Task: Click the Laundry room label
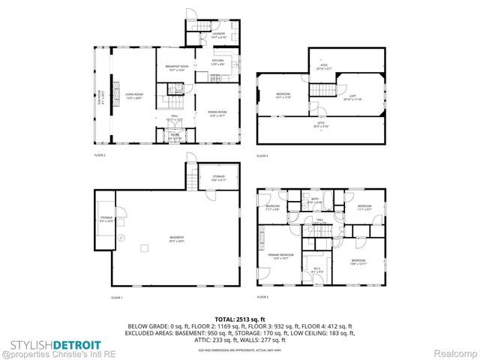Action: [x=217, y=34]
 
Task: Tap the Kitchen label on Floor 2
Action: [x=217, y=61]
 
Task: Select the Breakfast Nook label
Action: [x=175, y=68]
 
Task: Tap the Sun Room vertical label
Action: [x=100, y=97]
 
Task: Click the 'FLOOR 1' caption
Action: [x=116, y=298]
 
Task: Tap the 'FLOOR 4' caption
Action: [x=262, y=156]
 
